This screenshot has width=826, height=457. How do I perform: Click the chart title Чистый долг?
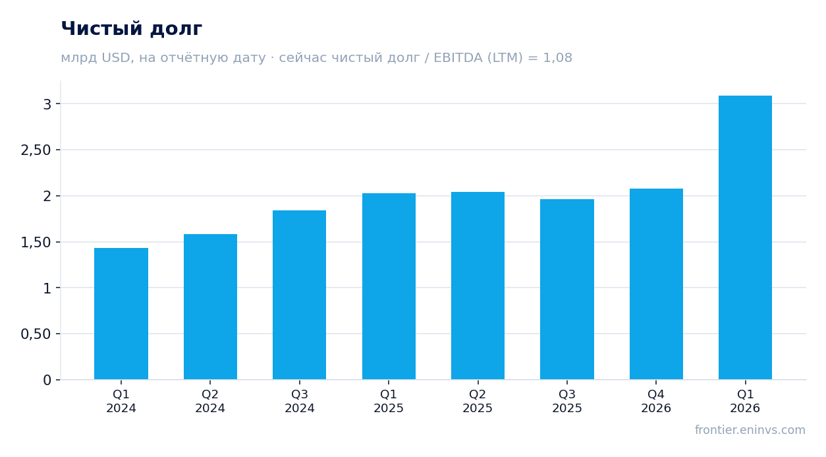pos(131,29)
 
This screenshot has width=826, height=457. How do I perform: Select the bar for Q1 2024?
pos(121,314)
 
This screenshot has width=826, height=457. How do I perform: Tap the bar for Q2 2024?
pos(210,307)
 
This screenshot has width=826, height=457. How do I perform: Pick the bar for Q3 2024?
pos(300,295)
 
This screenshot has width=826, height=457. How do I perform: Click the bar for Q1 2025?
pos(389,286)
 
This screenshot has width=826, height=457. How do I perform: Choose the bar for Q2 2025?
pos(478,286)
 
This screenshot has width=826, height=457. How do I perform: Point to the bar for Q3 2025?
pos(567,289)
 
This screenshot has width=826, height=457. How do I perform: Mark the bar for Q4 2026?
pos(656,284)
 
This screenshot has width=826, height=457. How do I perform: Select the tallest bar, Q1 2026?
pos(745,237)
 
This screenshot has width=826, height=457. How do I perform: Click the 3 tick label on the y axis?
pos(47,104)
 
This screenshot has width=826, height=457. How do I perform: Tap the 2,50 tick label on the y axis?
pos(36,150)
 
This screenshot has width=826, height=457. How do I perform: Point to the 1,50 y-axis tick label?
pos(36,243)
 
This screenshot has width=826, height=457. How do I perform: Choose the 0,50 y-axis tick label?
pos(36,334)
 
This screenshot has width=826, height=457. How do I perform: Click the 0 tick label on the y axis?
pos(47,381)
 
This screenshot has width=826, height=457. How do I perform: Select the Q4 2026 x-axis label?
pos(656,401)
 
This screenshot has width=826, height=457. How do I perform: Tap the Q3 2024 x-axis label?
pos(300,401)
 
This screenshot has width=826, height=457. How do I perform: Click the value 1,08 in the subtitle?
pos(557,58)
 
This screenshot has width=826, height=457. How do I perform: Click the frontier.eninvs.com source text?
pos(750,430)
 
